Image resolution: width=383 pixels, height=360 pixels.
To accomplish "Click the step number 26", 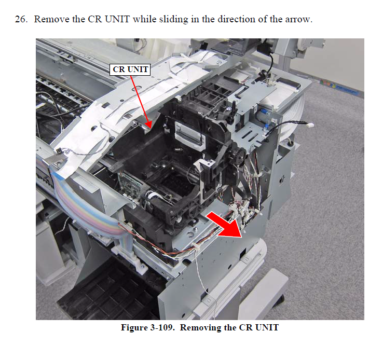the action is (21, 19).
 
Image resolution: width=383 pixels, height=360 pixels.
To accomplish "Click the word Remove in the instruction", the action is (51, 19).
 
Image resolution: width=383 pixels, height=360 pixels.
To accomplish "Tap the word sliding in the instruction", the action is (174, 19).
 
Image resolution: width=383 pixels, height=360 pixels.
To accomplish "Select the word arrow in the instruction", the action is (298, 20).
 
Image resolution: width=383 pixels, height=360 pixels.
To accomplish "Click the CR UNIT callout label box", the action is (130, 70).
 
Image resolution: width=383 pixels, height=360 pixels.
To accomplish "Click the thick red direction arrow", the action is (225, 224).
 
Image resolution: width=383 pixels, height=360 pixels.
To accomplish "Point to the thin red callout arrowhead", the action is (148, 124).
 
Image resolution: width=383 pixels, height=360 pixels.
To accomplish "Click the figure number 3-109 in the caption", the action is (162, 327).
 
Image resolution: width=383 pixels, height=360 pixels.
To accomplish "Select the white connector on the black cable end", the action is (310, 124).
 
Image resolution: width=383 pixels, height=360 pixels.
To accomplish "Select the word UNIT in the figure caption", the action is (267, 327).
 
